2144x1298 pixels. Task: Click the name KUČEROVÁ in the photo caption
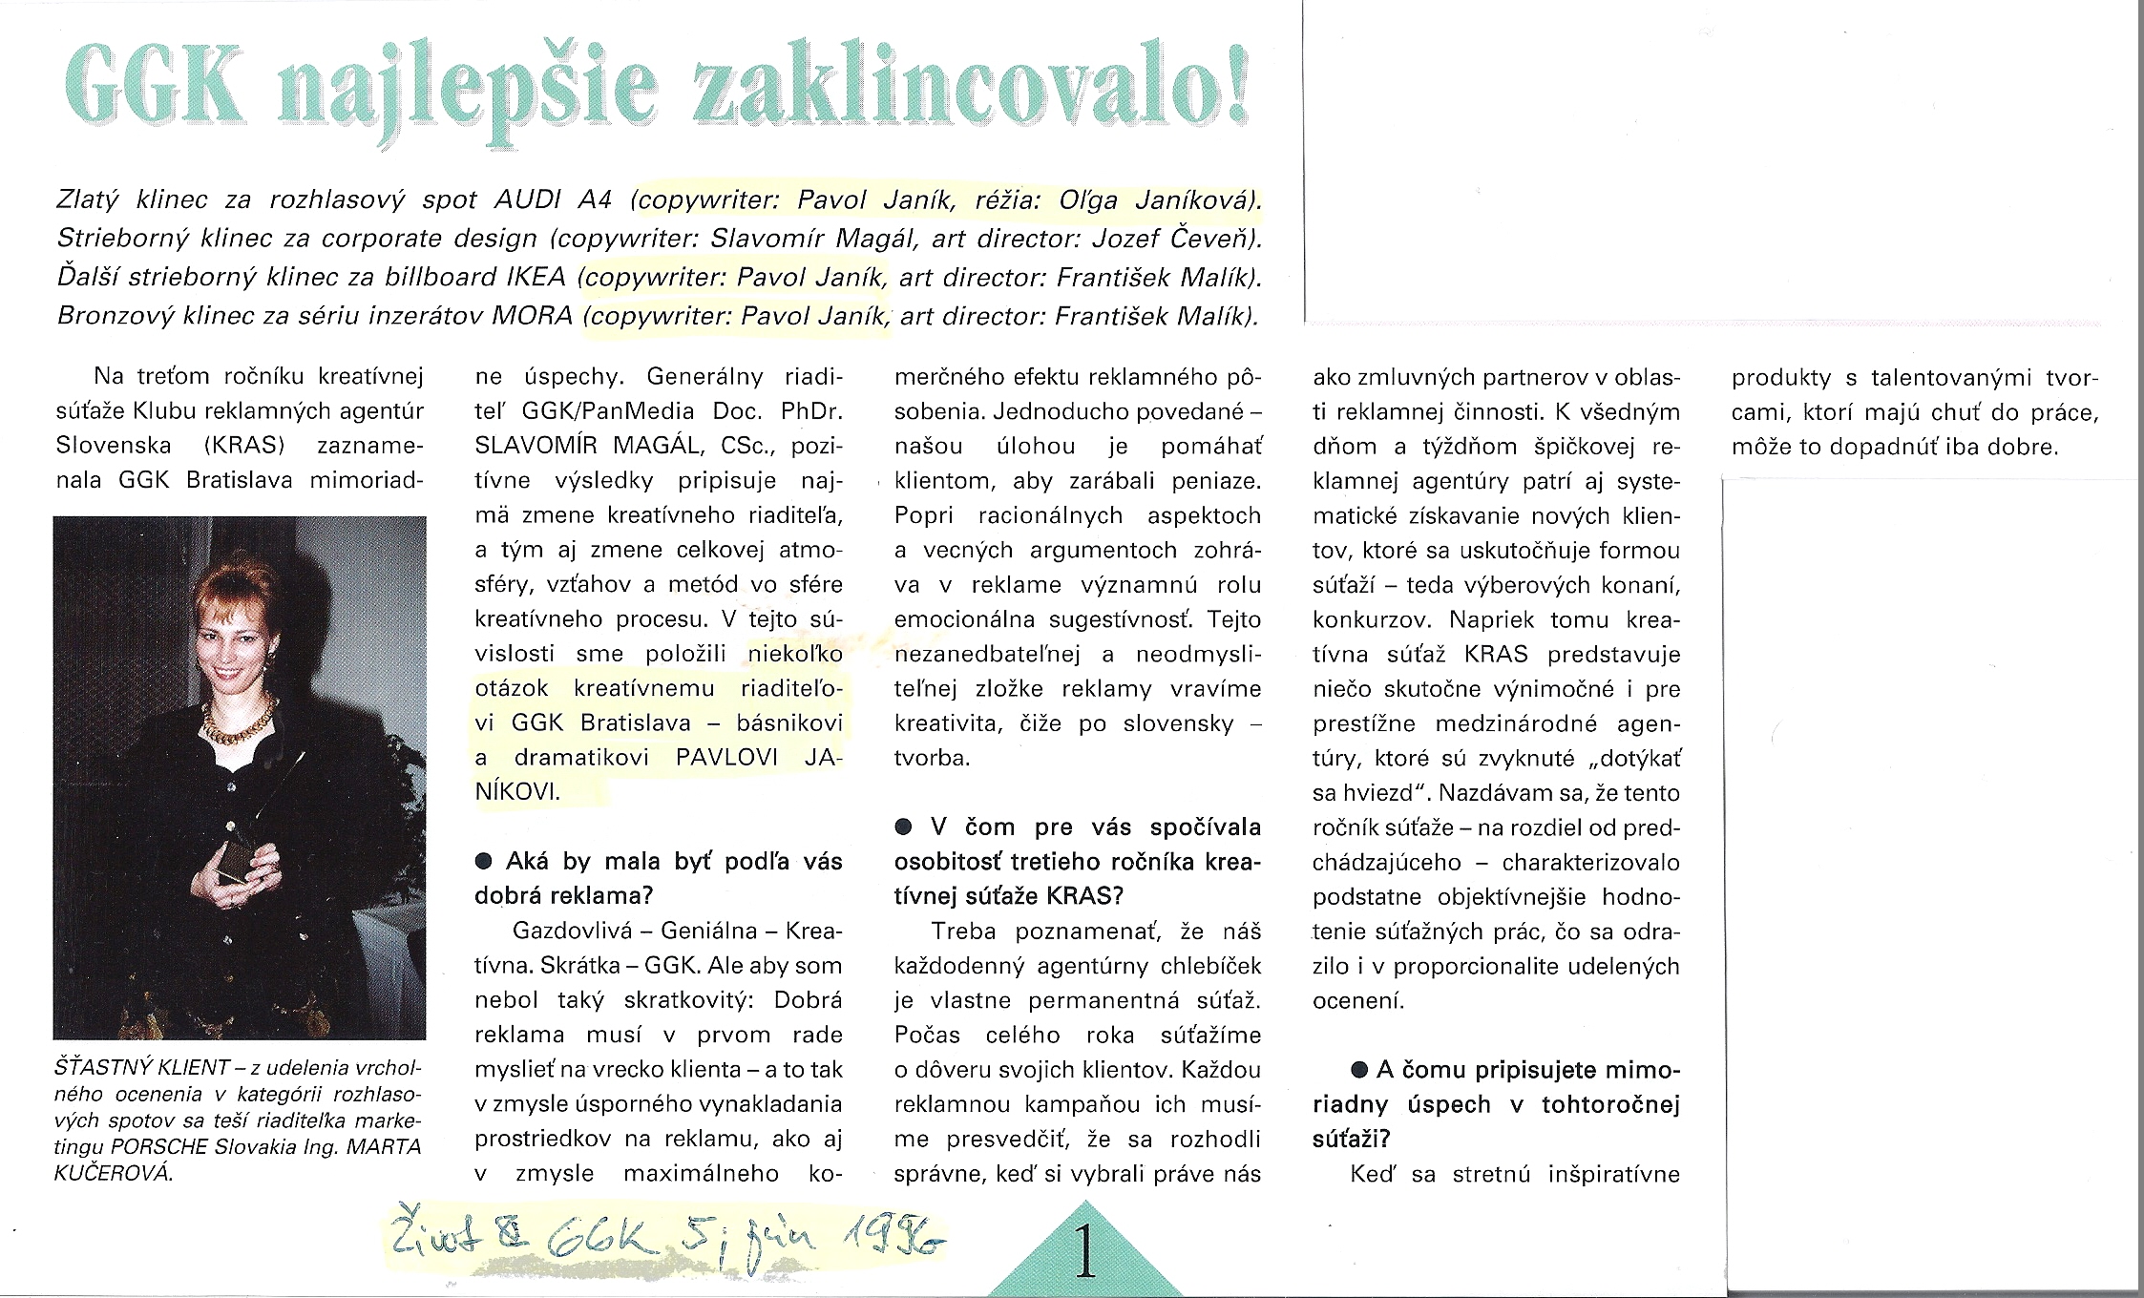tap(114, 1173)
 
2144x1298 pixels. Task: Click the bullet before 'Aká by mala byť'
tap(485, 862)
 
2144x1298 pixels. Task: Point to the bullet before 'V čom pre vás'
tap(903, 827)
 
